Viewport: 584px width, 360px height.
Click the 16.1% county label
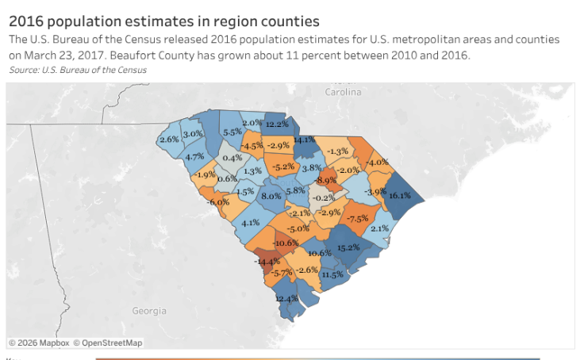pos(399,196)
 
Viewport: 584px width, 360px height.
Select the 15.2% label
pos(349,248)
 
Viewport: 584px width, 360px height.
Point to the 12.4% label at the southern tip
pos(286,298)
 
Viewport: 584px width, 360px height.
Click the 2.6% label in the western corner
pos(169,139)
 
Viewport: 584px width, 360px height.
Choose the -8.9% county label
pos(326,181)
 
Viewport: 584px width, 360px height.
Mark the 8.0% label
pos(271,196)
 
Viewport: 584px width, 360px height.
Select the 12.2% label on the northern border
pos(277,124)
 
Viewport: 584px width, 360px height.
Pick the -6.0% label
pos(218,202)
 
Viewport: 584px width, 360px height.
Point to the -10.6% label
pos(286,243)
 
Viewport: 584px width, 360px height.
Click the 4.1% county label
pos(252,223)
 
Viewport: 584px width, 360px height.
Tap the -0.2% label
pos(324,197)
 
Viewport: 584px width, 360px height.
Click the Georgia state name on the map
pos(149,311)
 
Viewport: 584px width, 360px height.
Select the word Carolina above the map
pos(343,92)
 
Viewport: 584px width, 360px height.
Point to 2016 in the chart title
pos(26,21)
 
